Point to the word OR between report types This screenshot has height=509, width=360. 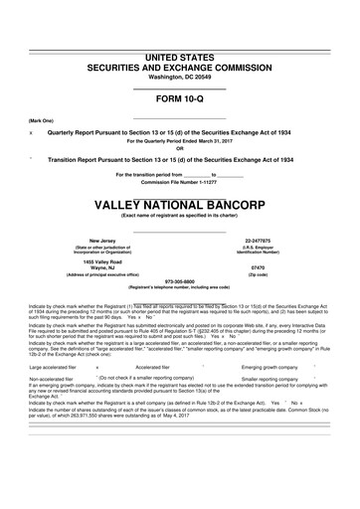point(180,148)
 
